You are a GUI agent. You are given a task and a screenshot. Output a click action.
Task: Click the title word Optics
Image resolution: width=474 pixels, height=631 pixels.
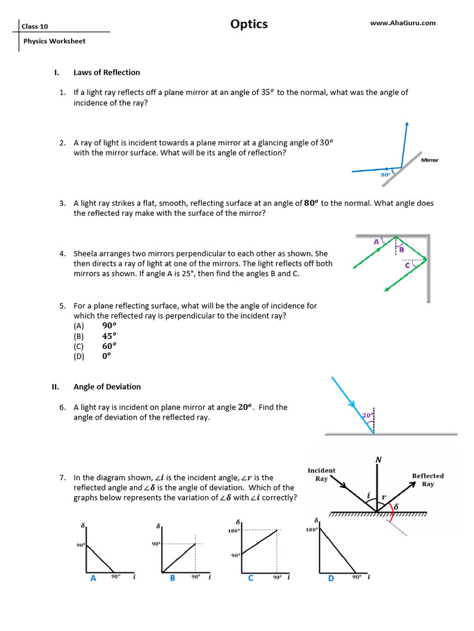(249, 24)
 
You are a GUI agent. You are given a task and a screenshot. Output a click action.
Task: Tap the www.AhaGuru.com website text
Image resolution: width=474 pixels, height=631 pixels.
(402, 23)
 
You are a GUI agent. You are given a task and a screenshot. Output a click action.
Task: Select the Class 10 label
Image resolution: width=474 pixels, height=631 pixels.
(35, 26)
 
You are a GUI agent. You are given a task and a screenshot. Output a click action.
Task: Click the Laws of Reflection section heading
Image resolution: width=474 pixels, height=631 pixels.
(107, 72)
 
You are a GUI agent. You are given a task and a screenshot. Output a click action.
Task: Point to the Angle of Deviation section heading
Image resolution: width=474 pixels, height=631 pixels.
(107, 387)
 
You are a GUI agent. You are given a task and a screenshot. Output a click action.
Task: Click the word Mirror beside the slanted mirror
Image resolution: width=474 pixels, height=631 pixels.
(430, 160)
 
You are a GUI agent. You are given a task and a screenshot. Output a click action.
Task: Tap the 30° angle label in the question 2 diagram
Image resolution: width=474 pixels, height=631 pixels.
(385, 175)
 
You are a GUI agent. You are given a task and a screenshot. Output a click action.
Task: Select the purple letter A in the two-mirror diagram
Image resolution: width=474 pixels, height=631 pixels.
(376, 243)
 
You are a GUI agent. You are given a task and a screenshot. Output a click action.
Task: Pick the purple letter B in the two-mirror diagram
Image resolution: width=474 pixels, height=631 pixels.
(401, 250)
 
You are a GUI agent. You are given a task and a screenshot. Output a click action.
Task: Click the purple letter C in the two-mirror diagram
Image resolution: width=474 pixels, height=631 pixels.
(407, 266)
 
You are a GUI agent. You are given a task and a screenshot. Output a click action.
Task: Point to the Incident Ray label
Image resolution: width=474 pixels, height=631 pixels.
(322, 474)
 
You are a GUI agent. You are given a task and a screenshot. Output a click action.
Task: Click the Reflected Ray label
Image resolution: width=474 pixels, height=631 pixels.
(428, 479)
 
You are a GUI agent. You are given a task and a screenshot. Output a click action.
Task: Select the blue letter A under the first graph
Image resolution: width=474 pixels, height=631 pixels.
(93, 578)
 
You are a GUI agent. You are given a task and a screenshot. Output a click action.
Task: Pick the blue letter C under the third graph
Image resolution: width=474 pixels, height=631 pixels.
(251, 578)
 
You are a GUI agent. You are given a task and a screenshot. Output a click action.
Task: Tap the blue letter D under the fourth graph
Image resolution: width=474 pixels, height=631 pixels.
(331, 578)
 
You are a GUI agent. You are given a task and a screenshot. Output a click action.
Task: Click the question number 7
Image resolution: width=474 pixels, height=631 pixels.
(62, 478)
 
